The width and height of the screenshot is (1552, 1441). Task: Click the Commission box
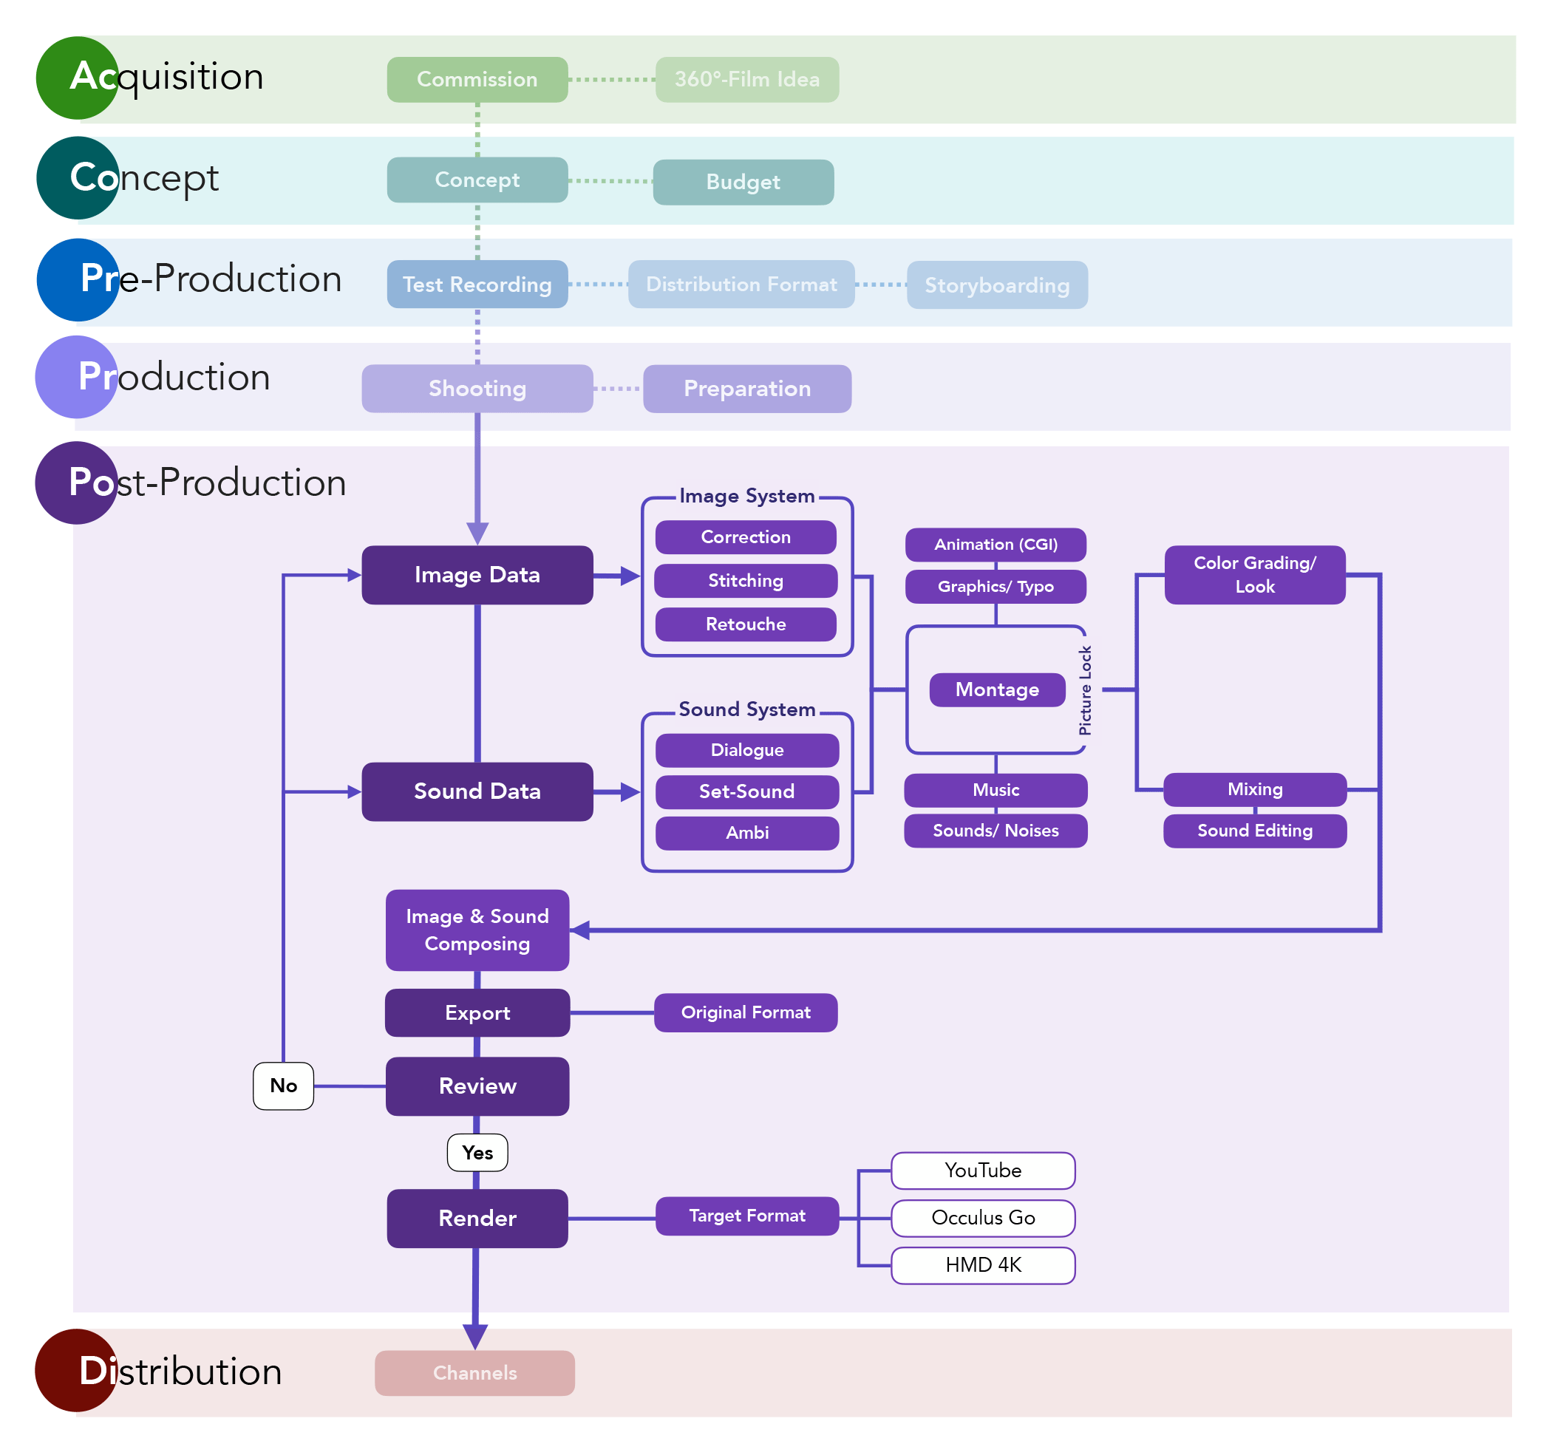[x=477, y=80]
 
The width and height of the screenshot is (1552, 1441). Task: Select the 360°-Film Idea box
[x=747, y=80]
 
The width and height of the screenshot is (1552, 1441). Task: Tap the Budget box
[x=743, y=183]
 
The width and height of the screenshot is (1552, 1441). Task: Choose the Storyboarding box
[x=997, y=285]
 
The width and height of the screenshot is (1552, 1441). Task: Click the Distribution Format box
[x=742, y=285]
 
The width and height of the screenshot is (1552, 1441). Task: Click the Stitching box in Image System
[x=746, y=581]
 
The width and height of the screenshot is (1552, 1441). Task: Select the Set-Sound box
[x=747, y=791]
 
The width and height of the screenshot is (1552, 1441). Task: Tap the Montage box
[x=997, y=690]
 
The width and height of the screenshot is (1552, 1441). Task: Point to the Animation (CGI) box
[x=996, y=545]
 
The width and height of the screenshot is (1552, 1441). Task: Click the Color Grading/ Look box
[x=1255, y=575]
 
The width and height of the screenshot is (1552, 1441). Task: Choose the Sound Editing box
[x=1255, y=831]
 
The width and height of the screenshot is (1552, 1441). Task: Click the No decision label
[x=284, y=1086]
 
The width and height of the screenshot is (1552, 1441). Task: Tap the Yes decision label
[x=477, y=1154]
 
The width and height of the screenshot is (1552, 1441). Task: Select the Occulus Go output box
[x=984, y=1218]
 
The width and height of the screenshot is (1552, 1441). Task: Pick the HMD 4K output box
[x=984, y=1266]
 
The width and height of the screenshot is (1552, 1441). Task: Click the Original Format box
[x=746, y=1013]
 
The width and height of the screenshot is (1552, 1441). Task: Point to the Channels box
[x=475, y=1373]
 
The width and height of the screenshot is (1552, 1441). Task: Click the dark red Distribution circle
[x=76, y=1371]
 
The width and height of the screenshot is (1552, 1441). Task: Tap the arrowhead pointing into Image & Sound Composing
[x=579, y=930]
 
